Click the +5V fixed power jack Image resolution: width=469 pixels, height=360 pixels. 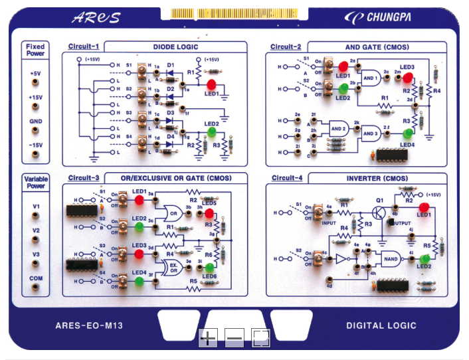click(x=35, y=84)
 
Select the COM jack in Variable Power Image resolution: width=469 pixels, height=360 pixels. click(x=35, y=288)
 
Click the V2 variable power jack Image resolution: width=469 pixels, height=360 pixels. click(x=35, y=240)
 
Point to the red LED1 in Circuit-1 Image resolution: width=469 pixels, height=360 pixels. click(x=212, y=84)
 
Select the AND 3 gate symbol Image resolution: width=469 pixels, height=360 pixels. click(x=371, y=133)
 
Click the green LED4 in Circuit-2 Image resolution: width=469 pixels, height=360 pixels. click(x=407, y=134)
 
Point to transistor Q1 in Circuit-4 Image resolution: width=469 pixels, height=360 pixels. click(x=379, y=213)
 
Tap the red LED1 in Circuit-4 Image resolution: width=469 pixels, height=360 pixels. click(x=424, y=208)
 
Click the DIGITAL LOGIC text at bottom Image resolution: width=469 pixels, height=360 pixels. click(x=381, y=325)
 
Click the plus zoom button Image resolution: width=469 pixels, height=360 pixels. click(x=208, y=338)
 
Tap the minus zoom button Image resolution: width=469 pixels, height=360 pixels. click(x=234, y=338)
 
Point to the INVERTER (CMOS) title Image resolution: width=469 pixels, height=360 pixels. click(x=377, y=179)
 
